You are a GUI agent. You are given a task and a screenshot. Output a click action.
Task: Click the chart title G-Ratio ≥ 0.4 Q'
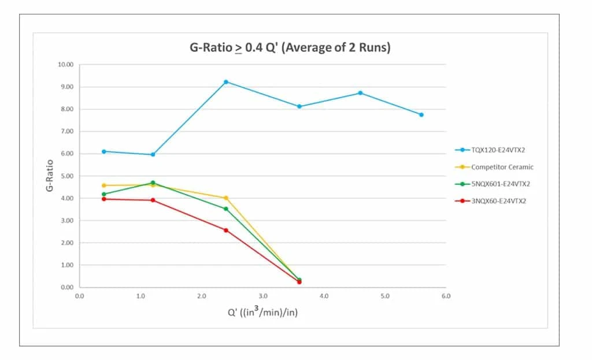(290, 47)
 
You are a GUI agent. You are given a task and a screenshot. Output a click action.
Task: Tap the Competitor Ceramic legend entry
(502, 167)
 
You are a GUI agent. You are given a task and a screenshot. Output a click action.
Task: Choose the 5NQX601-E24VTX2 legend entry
(500, 184)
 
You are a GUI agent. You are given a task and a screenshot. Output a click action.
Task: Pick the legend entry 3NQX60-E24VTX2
(498, 201)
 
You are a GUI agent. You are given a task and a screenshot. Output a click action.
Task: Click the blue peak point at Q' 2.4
(226, 82)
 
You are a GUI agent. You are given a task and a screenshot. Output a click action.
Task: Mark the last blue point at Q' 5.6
(421, 114)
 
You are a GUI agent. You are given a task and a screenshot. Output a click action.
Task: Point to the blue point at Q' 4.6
(360, 93)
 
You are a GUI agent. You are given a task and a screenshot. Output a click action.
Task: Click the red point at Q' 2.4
(226, 230)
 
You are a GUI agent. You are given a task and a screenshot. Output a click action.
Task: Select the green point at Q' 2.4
(226, 209)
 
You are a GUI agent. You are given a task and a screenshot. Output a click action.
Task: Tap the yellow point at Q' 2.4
(226, 198)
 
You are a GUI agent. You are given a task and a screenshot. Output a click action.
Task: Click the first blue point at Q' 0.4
(104, 151)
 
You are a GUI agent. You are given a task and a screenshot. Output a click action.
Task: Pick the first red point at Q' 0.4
(104, 199)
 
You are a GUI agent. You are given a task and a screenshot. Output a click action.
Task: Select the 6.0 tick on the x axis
(446, 296)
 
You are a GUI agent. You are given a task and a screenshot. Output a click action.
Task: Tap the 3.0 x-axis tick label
(262, 296)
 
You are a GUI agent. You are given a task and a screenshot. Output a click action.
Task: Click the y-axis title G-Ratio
(50, 176)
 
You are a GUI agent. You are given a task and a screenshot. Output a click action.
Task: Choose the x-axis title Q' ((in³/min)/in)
(262, 313)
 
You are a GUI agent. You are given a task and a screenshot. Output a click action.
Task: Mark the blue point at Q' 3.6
(299, 106)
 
